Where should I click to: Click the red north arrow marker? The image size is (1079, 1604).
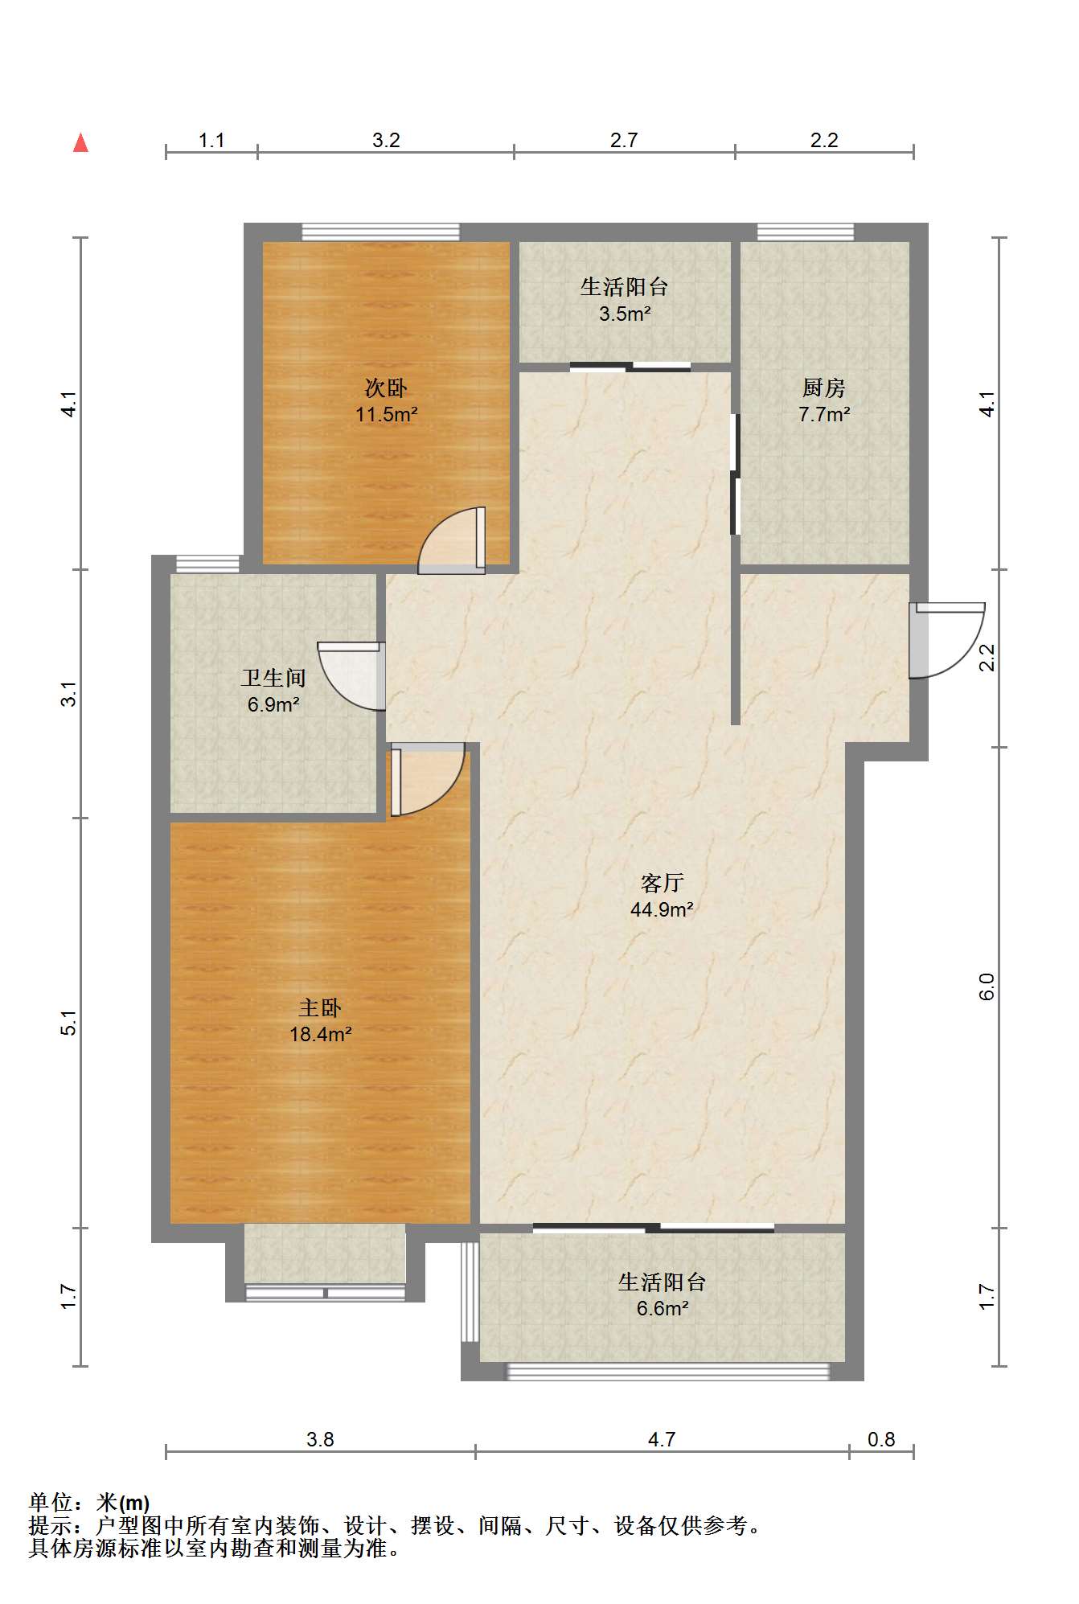(80, 143)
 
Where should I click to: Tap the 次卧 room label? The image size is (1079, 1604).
(386, 388)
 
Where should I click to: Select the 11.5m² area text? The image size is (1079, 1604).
(386, 415)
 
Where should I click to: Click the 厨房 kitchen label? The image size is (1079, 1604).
(824, 388)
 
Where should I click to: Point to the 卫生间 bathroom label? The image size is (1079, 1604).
(273, 678)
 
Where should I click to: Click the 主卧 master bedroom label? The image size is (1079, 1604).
(320, 1007)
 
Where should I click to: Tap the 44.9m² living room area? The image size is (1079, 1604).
(662, 909)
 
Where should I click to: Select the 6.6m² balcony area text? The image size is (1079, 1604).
(662, 1308)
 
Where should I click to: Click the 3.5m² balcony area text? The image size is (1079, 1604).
(624, 314)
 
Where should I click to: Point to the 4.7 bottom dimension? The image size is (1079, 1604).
(661, 1439)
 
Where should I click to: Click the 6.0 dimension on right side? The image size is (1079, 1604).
(987, 987)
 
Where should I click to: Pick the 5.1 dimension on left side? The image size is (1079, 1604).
(70, 1023)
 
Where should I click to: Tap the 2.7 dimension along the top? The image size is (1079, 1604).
(623, 141)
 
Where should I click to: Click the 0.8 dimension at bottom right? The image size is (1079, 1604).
(881, 1439)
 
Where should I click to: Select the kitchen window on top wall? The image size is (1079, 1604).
(806, 232)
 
